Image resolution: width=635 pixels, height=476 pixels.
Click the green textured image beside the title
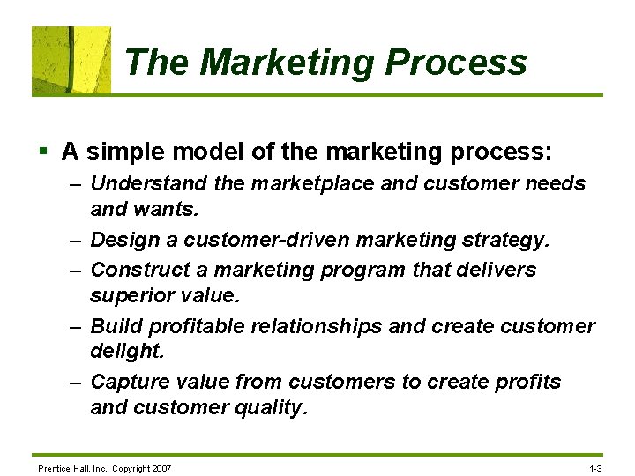click(71, 60)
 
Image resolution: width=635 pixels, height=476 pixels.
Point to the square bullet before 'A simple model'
click(43, 152)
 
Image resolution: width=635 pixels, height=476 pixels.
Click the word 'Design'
click(122, 240)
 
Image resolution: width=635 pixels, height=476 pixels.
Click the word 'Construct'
click(132, 269)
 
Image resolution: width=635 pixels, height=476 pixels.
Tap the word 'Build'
click(116, 326)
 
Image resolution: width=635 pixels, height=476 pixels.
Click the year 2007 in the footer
click(161, 467)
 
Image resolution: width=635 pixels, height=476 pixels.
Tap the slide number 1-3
click(594, 467)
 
